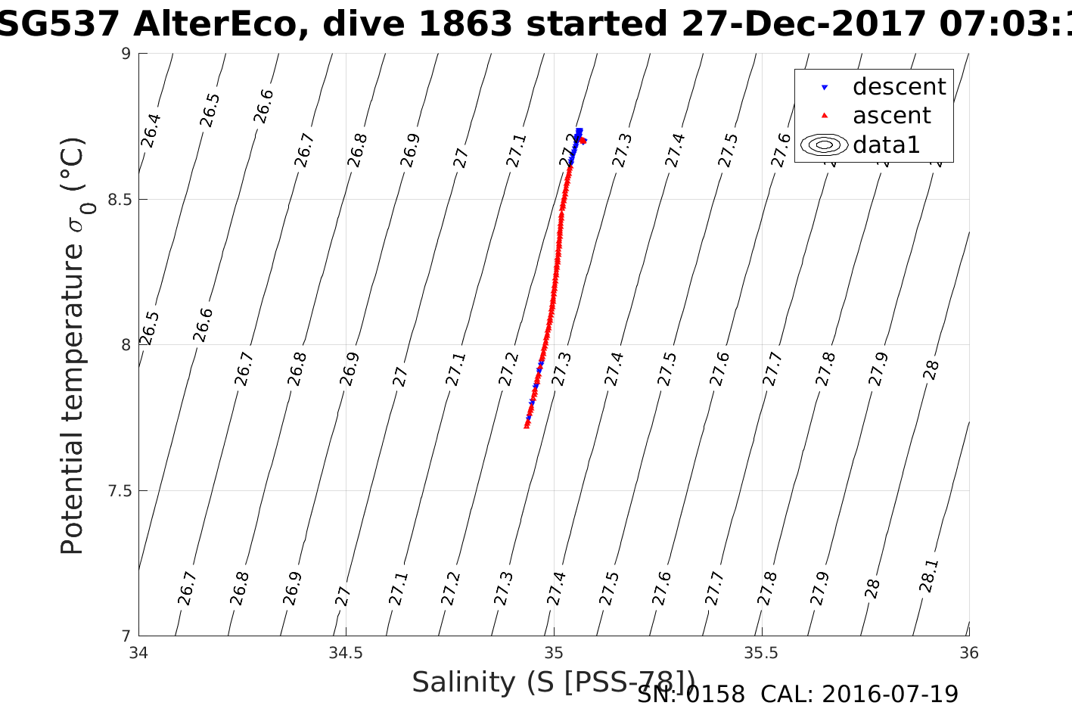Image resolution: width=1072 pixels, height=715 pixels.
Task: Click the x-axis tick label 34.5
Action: [x=346, y=653]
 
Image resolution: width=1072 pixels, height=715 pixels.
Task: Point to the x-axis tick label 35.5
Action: [x=761, y=653]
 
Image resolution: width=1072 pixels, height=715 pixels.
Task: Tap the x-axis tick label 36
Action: [x=968, y=653]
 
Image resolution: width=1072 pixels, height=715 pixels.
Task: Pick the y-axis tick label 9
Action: [x=126, y=54]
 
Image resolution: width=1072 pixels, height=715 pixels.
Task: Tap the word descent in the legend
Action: [x=899, y=87]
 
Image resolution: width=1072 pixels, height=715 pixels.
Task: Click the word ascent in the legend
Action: [x=891, y=116]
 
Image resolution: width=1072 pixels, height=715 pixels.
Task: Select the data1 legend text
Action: [x=886, y=145]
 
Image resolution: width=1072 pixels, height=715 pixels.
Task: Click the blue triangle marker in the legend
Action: [x=825, y=88]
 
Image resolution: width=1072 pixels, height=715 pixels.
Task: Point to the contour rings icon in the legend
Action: [x=824, y=145]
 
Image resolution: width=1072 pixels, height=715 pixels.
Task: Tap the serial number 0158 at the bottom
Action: [x=715, y=694]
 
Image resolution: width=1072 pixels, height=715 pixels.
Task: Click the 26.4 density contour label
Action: [x=151, y=130]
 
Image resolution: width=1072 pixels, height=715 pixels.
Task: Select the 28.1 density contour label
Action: [x=930, y=576]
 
